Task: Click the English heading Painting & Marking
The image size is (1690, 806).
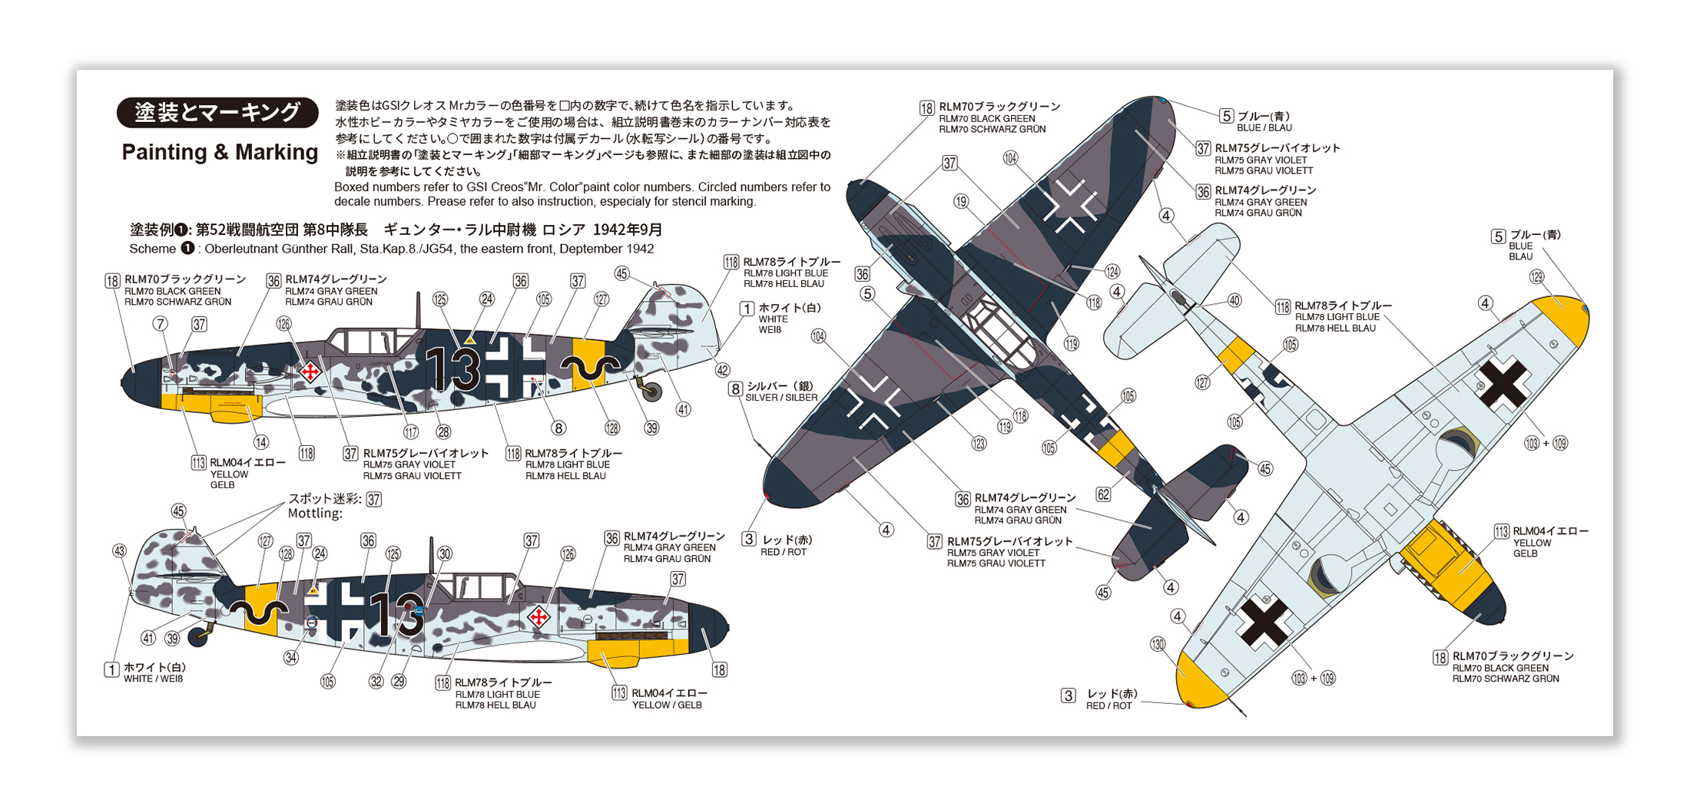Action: coord(220,152)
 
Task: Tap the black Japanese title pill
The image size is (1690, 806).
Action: coord(217,112)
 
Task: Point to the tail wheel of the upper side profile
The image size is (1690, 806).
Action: coord(652,392)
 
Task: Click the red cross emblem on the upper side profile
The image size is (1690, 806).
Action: coord(310,372)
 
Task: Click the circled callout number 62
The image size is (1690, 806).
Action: coord(1104,494)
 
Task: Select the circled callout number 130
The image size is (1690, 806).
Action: coord(1158,644)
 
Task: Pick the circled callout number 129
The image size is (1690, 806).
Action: coord(1536,277)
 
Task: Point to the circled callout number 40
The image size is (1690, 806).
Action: coord(1234,301)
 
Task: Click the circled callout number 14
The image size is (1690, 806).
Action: coord(261,442)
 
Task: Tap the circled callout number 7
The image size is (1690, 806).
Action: coord(160,324)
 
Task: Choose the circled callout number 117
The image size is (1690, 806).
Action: coord(411,432)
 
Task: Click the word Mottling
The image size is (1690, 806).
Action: coord(314,514)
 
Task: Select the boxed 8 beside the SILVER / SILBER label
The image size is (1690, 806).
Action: coord(735,389)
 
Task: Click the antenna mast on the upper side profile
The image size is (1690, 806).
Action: coord(418,310)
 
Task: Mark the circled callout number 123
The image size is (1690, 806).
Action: coord(979,444)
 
